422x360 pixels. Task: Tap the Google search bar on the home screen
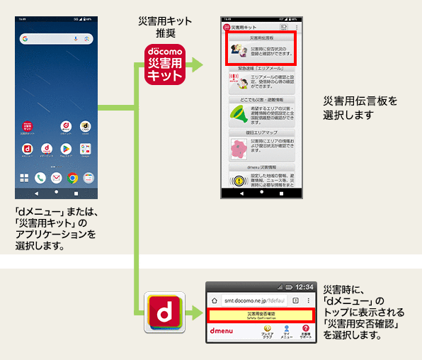[56, 38]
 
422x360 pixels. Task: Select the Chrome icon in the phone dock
[72, 178]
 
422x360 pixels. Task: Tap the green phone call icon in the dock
[40, 178]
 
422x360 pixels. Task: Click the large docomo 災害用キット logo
[164, 65]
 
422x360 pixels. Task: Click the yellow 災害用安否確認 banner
[261, 314]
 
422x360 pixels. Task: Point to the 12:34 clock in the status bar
[304, 286]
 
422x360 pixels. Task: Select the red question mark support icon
[305, 329]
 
